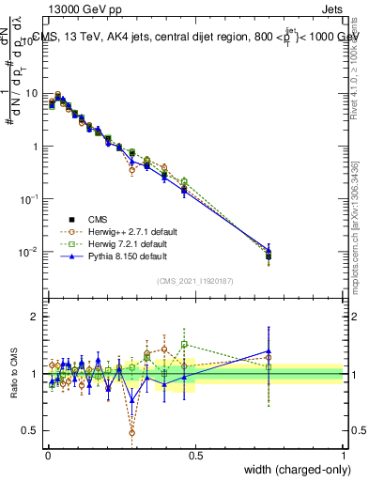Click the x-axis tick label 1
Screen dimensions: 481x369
point(344,455)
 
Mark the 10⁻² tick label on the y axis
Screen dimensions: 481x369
point(31,252)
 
